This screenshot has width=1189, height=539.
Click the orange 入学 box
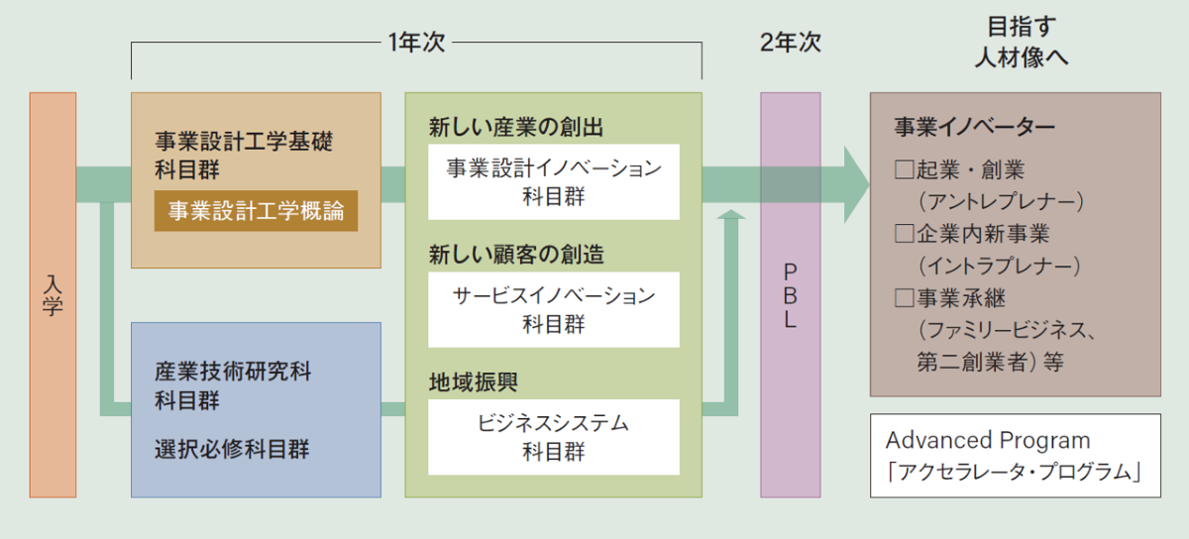(x=53, y=294)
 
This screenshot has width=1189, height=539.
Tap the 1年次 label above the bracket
(x=417, y=43)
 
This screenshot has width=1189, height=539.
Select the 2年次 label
(x=790, y=43)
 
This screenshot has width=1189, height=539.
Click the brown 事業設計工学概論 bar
(x=256, y=211)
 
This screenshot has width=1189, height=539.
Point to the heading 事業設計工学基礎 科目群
(x=244, y=155)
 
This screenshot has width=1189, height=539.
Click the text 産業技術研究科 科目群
(x=233, y=386)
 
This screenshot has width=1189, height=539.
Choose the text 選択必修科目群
(x=232, y=450)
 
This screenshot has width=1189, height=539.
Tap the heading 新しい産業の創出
(x=516, y=127)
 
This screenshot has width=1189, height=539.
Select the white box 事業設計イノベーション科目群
(x=554, y=182)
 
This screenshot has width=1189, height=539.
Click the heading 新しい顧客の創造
(x=516, y=255)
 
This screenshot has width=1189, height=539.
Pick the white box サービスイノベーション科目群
(x=554, y=309)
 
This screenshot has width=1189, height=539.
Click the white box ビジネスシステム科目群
(x=554, y=437)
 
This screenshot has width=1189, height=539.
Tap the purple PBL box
(x=790, y=294)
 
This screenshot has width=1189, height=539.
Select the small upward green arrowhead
(x=730, y=217)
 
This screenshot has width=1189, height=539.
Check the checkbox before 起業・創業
(x=903, y=170)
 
